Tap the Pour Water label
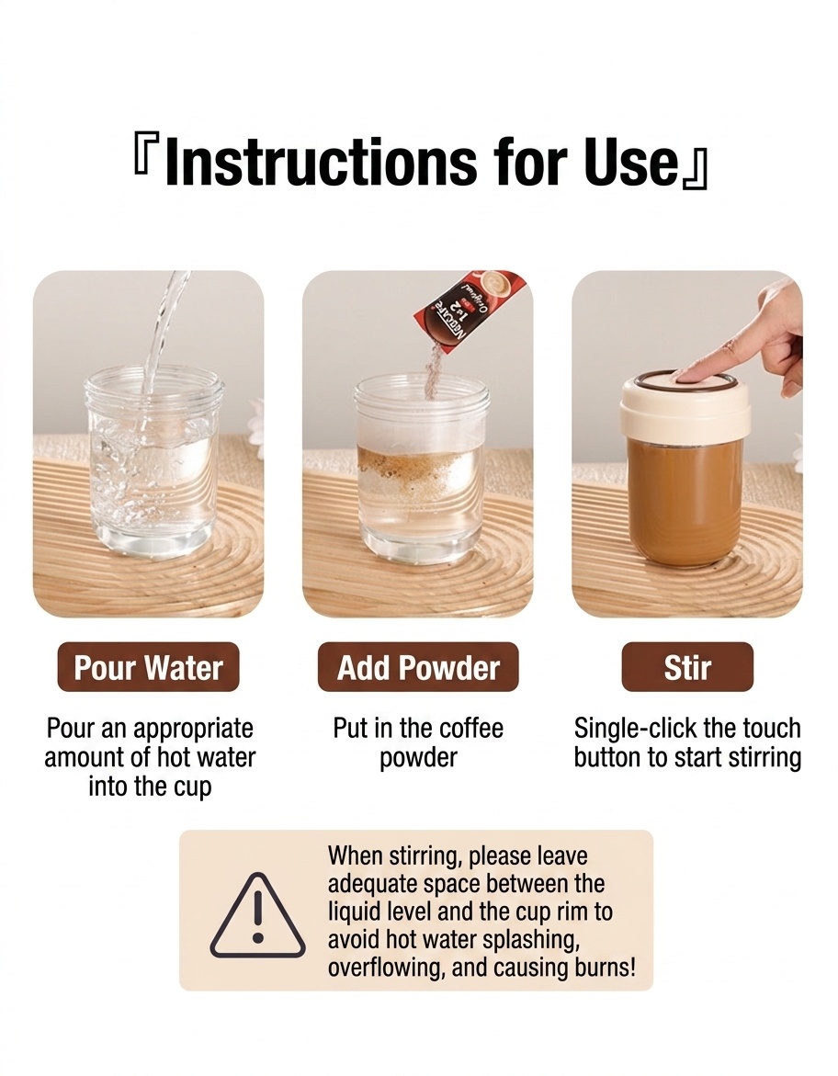click(148, 667)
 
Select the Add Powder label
click(418, 667)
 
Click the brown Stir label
click(687, 667)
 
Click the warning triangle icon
click(257, 915)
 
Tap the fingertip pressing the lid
click(688, 374)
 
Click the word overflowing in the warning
click(379, 968)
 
